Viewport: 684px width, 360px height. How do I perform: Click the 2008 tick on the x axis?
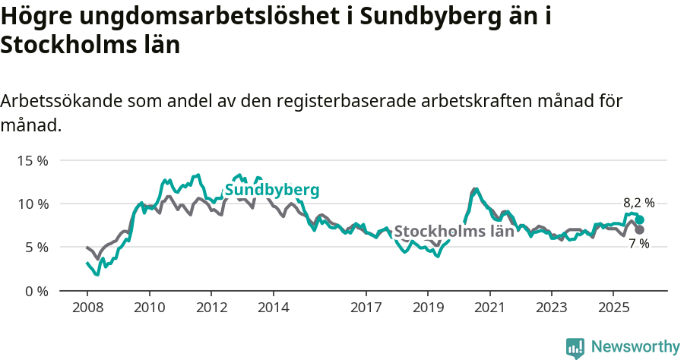[87, 309]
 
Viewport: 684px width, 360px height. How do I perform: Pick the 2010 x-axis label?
[150, 309]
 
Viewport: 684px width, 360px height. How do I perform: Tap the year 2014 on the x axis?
[274, 309]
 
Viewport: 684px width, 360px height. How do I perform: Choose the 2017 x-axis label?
[366, 309]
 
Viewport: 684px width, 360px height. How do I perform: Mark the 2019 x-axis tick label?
[428, 309]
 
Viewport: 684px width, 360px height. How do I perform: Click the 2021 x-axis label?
[490, 309]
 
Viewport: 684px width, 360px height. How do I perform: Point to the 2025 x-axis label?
[614, 309]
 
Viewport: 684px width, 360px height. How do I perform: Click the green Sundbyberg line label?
[271, 190]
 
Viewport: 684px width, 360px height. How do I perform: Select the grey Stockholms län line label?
[454, 232]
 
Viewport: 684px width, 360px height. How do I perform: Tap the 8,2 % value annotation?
[638, 203]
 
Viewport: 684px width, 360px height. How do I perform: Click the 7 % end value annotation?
[638, 244]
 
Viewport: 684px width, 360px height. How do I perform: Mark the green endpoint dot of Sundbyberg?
[640, 219]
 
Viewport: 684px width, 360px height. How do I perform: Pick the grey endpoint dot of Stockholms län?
[640, 229]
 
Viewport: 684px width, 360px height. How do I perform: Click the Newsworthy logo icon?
[575, 347]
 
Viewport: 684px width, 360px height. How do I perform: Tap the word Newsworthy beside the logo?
[635, 347]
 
